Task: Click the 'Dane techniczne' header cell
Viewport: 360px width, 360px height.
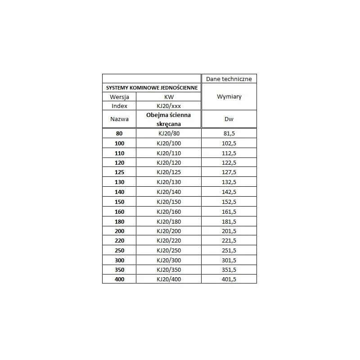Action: pyautogui.click(x=229, y=79)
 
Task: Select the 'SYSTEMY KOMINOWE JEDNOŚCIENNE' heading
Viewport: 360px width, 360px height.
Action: pyautogui.click(x=151, y=88)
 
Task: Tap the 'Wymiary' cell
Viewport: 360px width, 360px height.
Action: pyautogui.click(x=229, y=97)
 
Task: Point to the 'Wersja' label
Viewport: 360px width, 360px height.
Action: pyautogui.click(x=119, y=97)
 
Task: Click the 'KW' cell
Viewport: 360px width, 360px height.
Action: pyautogui.click(x=168, y=97)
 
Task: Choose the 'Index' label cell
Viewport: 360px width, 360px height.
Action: pyautogui.click(x=119, y=106)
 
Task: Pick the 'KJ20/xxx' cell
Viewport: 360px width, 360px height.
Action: pyautogui.click(x=168, y=106)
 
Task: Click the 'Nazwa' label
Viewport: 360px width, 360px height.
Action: pyautogui.click(x=119, y=119)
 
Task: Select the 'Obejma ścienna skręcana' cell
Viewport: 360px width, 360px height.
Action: pyautogui.click(x=168, y=119)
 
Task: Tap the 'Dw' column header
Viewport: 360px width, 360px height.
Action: pyautogui.click(x=229, y=119)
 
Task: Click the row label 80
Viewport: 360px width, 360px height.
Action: pyautogui.click(x=119, y=133)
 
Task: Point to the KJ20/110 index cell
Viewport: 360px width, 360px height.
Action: pyautogui.click(x=168, y=153)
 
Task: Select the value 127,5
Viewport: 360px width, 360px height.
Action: pyautogui.click(x=229, y=172)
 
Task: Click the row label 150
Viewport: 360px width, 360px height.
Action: pyautogui.click(x=119, y=202)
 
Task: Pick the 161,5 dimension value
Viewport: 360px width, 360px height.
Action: pyautogui.click(x=229, y=211)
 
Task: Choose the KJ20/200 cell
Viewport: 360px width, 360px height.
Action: pyautogui.click(x=168, y=231)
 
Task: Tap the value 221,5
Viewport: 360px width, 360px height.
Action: pyautogui.click(x=229, y=241)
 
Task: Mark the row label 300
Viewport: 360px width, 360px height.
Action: pyautogui.click(x=119, y=260)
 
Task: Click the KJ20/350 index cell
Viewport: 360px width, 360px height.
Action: pyautogui.click(x=168, y=270)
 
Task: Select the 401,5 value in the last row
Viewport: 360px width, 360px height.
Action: pyautogui.click(x=229, y=279)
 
